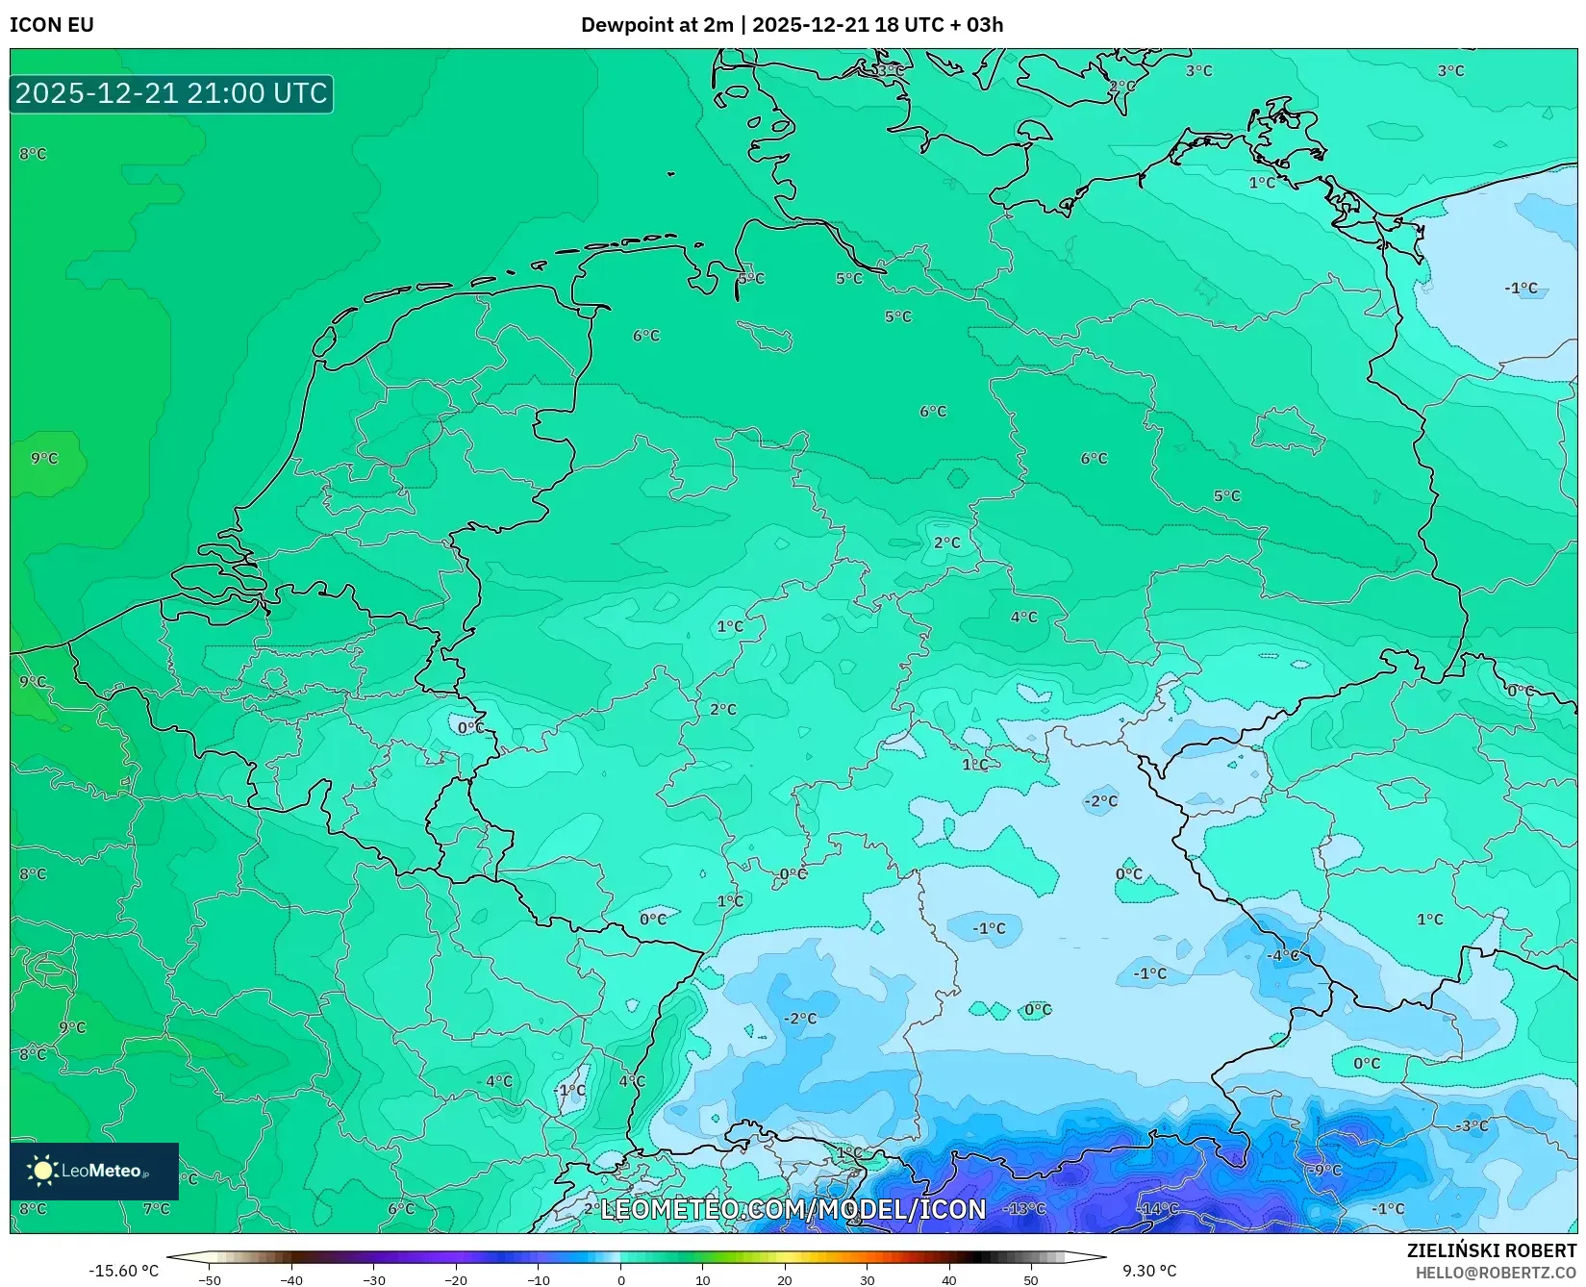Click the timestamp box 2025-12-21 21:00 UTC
171,93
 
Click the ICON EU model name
52,25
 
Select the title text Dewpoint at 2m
657,25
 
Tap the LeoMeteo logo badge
94,1171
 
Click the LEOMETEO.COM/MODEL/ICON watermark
793,1210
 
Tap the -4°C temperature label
1284,955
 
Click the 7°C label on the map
156,1208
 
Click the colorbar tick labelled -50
210,1279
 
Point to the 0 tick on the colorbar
621,1279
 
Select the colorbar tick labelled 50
1031,1279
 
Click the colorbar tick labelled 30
868,1279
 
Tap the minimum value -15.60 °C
123,1271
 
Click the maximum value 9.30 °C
1149,1271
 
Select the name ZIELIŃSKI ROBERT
1492,1250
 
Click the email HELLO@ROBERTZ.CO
1496,1273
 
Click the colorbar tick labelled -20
456,1279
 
